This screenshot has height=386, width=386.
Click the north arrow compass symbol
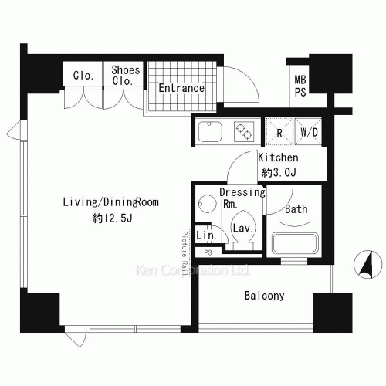pyautogui.click(x=368, y=265)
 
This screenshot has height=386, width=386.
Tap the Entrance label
pyautogui.click(x=181, y=88)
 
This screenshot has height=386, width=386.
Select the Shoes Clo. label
pyautogui.click(x=126, y=76)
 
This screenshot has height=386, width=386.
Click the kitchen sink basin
pyautogui.click(x=210, y=131)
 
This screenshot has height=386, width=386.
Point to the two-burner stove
pyautogui.click(x=244, y=131)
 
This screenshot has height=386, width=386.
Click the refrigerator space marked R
pyautogui.click(x=279, y=131)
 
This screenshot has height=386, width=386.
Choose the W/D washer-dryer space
pyautogui.click(x=309, y=131)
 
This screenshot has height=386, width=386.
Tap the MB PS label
pyautogui.click(x=300, y=86)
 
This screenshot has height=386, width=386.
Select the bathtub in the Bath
pyautogui.click(x=295, y=243)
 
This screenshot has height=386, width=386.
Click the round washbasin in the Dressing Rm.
pyautogui.click(x=208, y=204)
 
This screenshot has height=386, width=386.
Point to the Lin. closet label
pyautogui.click(x=206, y=235)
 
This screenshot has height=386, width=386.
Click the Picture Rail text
pyautogui.click(x=185, y=253)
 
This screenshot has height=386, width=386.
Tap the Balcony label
pyautogui.click(x=265, y=296)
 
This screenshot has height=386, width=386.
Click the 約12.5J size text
pyautogui.click(x=113, y=218)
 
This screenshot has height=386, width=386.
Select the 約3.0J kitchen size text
pyautogui.click(x=279, y=172)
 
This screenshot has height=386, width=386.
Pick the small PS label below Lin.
pyautogui.click(x=208, y=252)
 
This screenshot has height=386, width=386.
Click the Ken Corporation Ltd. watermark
pyautogui.click(x=192, y=270)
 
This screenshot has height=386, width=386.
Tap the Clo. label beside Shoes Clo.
pyautogui.click(x=83, y=76)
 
